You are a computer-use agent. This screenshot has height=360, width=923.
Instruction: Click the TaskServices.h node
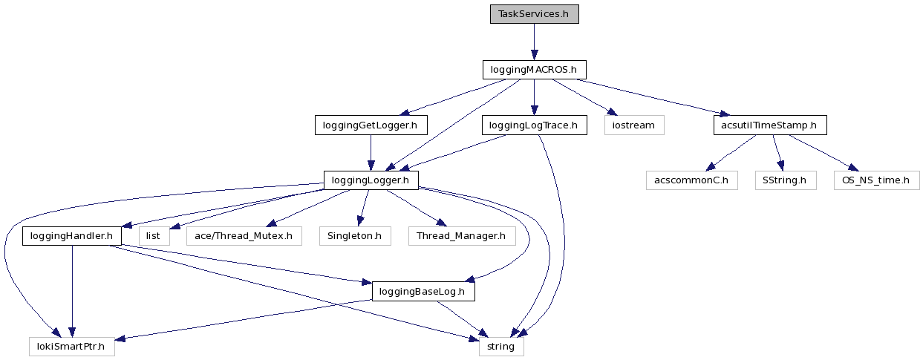(x=534, y=14)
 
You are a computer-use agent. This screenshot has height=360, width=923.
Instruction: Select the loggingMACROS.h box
(x=534, y=70)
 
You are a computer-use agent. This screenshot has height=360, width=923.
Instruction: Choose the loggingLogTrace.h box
(x=534, y=125)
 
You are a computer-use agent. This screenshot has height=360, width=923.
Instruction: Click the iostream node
(x=633, y=125)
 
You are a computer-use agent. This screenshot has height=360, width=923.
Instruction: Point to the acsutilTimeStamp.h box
(x=770, y=125)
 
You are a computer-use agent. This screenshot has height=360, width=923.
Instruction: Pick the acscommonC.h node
(x=691, y=180)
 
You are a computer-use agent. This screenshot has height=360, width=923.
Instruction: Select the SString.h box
(x=785, y=180)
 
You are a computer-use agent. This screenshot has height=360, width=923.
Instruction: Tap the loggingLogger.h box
(x=371, y=180)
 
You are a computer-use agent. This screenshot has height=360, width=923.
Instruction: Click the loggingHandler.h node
(x=72, y=236)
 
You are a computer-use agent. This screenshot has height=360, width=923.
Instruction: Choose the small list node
(x=154, y=236)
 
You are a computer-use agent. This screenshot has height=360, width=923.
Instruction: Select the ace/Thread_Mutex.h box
(x=244, y=236)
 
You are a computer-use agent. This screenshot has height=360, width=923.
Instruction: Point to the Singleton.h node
(x=355, y=236)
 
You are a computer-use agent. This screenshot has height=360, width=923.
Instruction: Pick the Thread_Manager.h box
(x=461, y=236)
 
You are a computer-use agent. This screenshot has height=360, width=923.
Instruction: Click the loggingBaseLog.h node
(x=423, y=292)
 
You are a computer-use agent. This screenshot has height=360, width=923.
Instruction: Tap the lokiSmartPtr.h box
(x=72, y=347)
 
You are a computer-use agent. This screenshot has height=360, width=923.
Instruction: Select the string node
(x=501, y=347)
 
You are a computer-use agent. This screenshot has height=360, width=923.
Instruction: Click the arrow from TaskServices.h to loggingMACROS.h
(x=534, y=42)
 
